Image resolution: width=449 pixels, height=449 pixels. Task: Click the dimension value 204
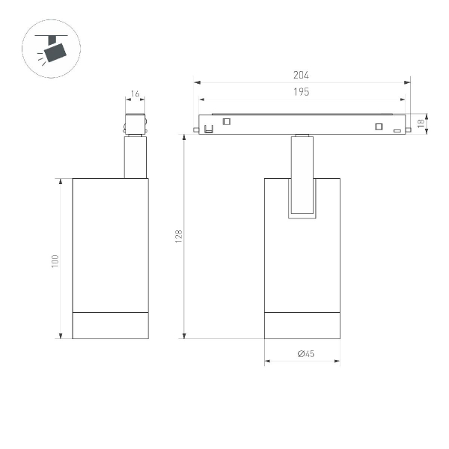[302, 75]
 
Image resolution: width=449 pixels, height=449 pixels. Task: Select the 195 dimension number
[302, 91]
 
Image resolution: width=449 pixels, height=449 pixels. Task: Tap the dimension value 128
[178, 236]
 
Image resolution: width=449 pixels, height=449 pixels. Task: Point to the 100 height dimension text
[55, 261]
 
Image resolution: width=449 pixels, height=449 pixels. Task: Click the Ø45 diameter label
[304, 353]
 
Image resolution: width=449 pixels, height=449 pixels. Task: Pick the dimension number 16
[135, 94]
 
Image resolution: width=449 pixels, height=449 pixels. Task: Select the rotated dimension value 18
[421, 122]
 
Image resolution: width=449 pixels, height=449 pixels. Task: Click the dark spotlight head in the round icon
[55, 52]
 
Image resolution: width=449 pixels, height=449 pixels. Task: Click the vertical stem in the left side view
[135, 157]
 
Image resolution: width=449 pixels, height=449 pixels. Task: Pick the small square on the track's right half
[379, 125]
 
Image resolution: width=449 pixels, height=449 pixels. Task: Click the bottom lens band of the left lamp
[110, 325]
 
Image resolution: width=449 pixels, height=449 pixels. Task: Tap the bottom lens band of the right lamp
[302, 325]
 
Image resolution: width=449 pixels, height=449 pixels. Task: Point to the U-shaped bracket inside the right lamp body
[302, 213]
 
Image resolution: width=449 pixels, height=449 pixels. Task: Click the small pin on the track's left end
[195, 130]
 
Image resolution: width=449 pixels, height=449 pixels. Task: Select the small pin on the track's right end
[409, 130]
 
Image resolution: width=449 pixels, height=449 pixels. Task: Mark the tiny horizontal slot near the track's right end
[397, 130]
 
